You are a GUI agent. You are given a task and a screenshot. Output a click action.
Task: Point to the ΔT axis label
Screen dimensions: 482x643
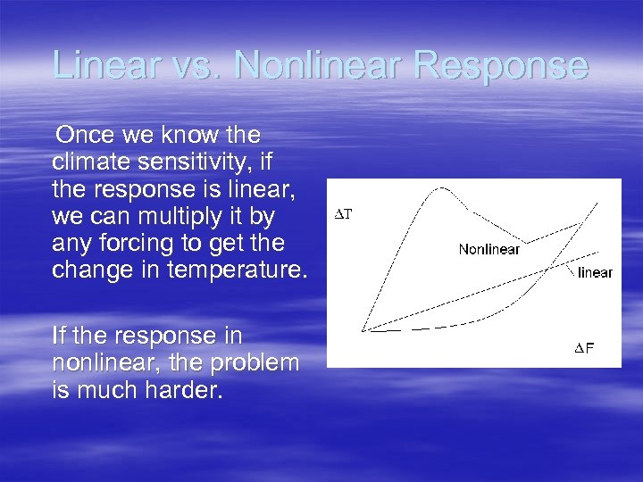coord(343,214)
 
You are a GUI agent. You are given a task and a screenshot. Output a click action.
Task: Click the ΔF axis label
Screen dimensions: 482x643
coord(584,348)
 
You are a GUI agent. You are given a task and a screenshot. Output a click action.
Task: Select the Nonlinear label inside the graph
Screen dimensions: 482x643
coord(489,249)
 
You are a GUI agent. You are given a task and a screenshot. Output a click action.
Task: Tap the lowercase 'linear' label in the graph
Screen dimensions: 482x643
coord(595,272)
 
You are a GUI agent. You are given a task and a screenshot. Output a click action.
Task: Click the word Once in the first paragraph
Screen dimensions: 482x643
coord(82,136)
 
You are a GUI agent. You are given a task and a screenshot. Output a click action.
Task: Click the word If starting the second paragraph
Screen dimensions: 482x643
coord(59,336)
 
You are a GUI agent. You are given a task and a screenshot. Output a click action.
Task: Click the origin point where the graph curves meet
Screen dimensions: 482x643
coord(363,330)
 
